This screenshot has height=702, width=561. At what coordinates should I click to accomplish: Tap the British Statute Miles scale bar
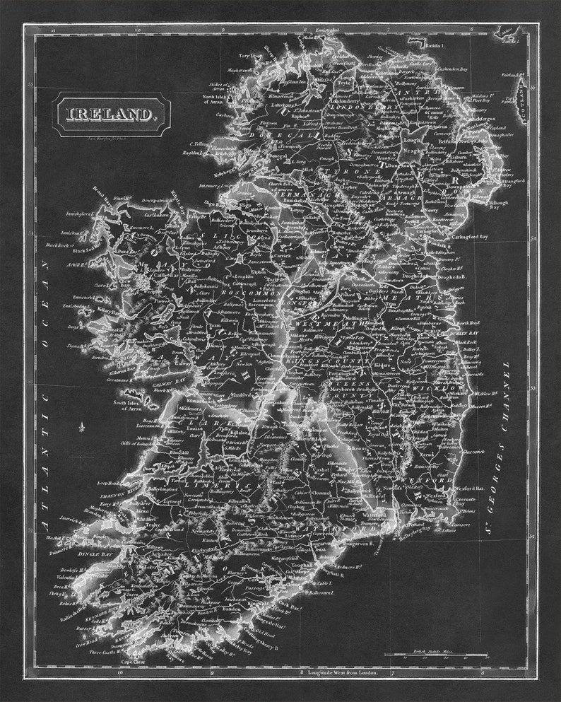coord(435,655)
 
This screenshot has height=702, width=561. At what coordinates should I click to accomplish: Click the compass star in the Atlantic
coord(83,427)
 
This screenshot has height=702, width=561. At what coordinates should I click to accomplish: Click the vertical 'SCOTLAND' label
coord(521,91)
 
